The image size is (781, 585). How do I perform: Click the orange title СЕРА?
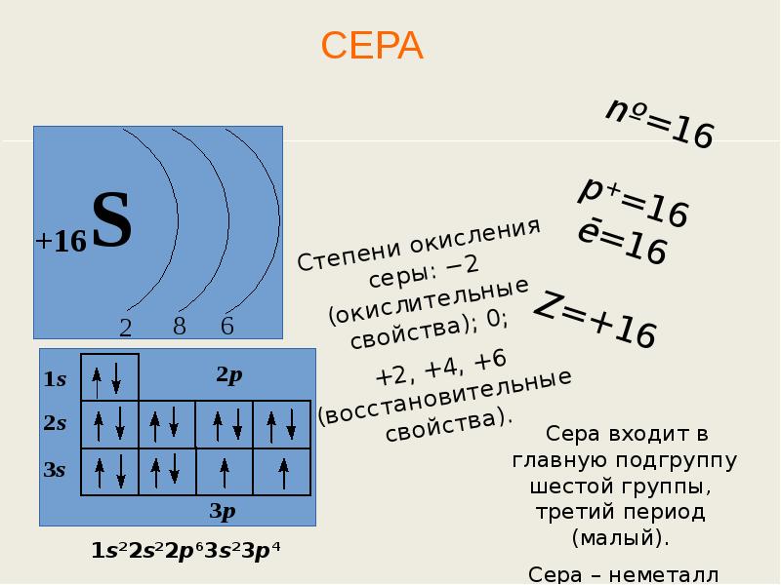372,46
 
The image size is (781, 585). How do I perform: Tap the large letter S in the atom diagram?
111,220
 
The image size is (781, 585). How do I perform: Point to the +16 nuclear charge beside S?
61,241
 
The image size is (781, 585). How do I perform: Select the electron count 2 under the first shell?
126,329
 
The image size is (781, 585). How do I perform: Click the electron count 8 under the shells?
180,327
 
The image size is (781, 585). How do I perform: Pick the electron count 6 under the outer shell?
227,326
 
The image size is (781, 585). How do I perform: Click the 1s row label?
55,379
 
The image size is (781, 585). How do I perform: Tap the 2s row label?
55,423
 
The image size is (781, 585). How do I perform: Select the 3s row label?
55,470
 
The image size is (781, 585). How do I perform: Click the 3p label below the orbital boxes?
223,510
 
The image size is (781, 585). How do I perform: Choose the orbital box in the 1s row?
108,377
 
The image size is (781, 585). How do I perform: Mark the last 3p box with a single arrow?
282,472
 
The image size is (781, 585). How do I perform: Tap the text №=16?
660,124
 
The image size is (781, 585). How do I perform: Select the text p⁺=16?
634,202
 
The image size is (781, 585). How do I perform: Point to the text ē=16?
621,243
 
